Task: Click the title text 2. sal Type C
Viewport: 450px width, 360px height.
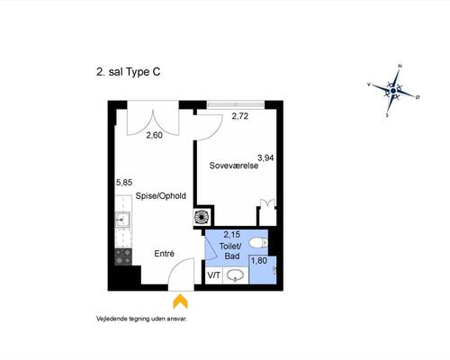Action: click(128, 72)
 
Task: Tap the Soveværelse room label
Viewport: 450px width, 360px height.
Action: click(234, 166)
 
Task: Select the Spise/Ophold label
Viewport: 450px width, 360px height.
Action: click(161, 196)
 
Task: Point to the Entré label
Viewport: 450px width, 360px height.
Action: click(164, 254)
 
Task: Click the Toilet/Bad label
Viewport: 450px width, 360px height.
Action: click(230, 251)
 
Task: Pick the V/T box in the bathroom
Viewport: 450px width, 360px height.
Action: click(214, 275)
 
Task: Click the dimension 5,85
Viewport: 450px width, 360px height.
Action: click(124, 183)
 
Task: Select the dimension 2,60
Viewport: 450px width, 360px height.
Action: click(154, 135)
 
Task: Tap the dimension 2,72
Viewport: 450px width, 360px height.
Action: click(240, 116)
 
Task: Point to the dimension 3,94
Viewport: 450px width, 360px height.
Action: click(265, 157)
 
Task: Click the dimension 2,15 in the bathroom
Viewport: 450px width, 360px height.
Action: click(232, 234)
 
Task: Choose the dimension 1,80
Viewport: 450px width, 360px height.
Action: click(259, 261)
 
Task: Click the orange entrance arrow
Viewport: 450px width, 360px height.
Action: click(180, 301)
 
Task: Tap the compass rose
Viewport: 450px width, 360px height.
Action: click(393, 91)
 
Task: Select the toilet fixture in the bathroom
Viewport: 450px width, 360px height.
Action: click(258, 243)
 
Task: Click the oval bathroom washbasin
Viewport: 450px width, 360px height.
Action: click(236, 275)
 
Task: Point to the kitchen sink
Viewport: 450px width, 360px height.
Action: click(122, 220)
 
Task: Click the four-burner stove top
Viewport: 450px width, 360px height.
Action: click(123, 256)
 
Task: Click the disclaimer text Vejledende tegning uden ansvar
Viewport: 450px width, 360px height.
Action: click(141, 319)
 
